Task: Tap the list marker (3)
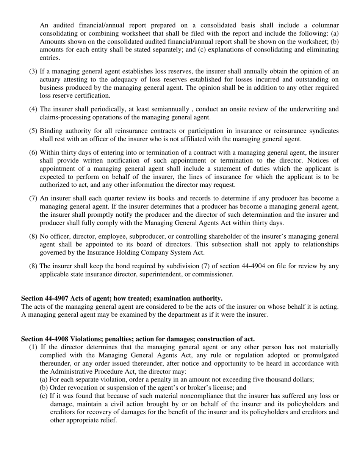pyautogui.click(x=33, y=71)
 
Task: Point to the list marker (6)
pyautogui.click(x=33, y=152)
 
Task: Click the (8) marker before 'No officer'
pyautogui.click(x=33, y=236)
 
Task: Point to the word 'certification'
pyautogui.click(x=92, y=95)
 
